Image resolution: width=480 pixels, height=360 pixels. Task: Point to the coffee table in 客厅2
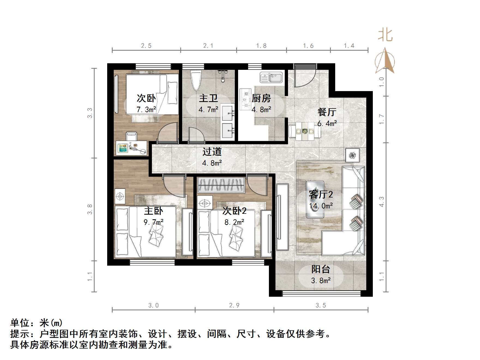(x=315, y=199)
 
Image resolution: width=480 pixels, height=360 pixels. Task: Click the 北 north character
(x=385, y=35)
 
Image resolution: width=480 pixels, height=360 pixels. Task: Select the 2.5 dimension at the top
(x=146, y=46)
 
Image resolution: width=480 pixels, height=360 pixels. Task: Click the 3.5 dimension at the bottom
(x=321, y=305)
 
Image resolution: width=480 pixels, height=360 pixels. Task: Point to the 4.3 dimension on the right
(x=382, y=202)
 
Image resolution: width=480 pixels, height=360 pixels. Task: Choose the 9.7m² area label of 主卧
(x=154, y=222)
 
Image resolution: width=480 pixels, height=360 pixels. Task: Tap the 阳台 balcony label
(x=321, y=269)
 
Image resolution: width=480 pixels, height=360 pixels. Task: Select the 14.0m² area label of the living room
(x=321, y=206)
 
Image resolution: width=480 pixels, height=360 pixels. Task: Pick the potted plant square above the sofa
(x=353, y=155)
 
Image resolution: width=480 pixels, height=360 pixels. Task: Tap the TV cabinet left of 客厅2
(x=282, y=217)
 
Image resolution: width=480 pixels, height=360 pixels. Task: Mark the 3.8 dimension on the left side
(x=90, y=209)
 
